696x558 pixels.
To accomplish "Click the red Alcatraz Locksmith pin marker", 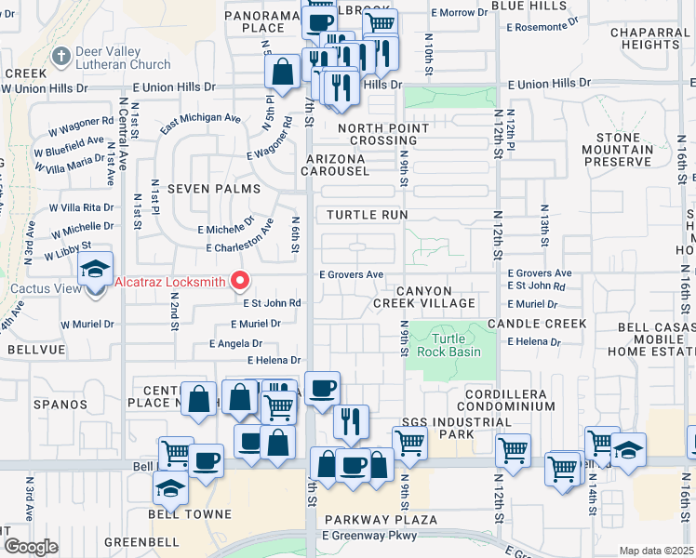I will pos(242,280).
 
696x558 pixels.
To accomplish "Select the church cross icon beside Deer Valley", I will pos(62,55).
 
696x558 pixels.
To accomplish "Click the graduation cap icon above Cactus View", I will pos(95,270).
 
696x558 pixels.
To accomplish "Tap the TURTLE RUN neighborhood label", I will pos(368,214).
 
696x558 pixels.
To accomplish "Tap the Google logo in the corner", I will pos(31,546).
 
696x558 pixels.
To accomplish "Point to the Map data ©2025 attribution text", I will pos(656,551).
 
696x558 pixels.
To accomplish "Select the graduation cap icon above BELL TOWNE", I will pos(171,485).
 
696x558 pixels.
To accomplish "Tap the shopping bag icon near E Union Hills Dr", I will pos(282,71).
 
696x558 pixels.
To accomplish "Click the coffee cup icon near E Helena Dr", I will pos(322,387).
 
